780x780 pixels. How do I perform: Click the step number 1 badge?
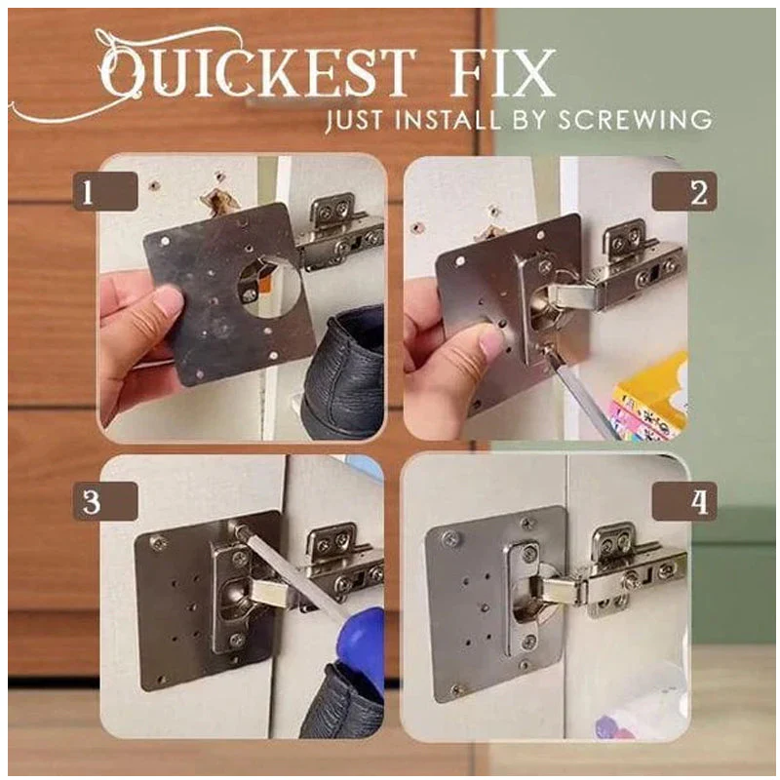pyautogui.click(x=89, y=193)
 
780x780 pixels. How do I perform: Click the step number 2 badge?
pyautogui.click(x=697, y=193)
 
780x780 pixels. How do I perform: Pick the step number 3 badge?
pyautogui.click(x=89, y=502)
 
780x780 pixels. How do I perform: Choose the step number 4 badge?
pyautogui.click(x=697, y=502)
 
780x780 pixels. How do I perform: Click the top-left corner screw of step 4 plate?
pyautogui.click(x=449, y=537)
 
